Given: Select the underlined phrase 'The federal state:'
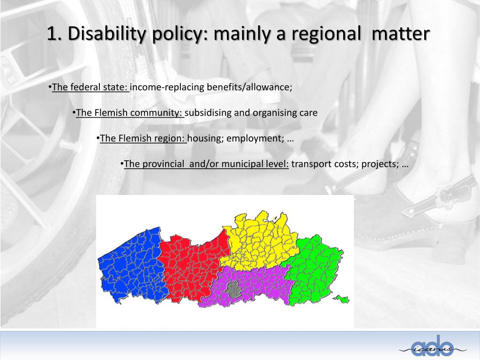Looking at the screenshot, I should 90,87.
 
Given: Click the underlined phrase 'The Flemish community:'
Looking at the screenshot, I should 130,113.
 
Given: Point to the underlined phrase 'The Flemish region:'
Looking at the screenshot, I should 143,138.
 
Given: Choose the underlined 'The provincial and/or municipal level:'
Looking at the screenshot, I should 206,164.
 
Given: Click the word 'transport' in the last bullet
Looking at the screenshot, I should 312,164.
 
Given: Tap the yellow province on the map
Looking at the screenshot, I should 258,239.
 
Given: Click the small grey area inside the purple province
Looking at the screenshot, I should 232,290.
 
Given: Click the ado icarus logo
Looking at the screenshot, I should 433,345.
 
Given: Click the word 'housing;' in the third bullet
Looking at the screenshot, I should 205,138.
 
